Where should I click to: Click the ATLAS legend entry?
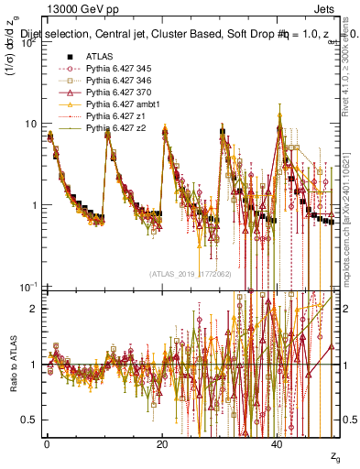(98, 57)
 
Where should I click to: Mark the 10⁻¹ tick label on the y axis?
(27, 287)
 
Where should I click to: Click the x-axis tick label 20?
(162, 444)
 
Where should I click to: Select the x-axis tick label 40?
(278, 444)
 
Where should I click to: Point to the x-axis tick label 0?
(47, 444)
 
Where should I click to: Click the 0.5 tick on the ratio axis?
(30, 420)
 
